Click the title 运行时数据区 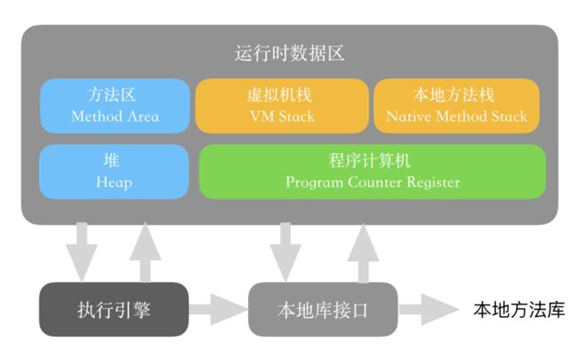289,54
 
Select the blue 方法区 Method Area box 115,106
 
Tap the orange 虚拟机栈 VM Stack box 282,106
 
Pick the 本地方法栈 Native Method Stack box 456,106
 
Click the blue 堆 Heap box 114,171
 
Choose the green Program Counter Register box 372,171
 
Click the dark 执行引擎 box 114,310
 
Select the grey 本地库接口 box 323,310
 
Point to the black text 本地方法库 519,310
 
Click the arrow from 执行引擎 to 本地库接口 218,310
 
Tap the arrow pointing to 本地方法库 429,310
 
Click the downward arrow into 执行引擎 81,253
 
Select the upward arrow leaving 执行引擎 145,253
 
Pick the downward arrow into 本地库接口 286,253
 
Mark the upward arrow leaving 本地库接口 364,253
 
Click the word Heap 114,183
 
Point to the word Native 408,116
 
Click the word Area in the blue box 143,116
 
